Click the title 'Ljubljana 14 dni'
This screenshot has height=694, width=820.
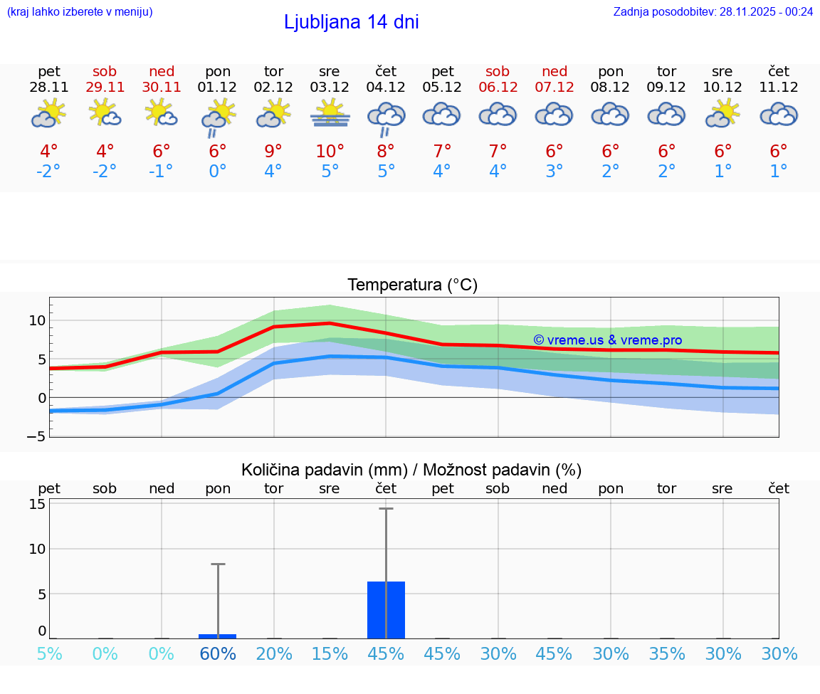351,22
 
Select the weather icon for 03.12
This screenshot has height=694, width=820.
330,113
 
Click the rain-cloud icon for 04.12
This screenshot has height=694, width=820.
386,118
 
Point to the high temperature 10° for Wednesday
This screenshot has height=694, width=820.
330,152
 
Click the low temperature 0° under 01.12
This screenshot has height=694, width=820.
217,172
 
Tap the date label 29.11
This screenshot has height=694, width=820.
105,88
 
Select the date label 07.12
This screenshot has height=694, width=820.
554,88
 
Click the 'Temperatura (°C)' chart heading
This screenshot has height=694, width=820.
412,285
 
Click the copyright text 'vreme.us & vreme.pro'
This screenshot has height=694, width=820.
607,340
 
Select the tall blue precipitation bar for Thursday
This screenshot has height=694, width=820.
386,610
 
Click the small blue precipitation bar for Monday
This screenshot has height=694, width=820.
217,636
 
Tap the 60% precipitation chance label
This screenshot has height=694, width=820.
217,653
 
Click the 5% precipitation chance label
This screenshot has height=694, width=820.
49,653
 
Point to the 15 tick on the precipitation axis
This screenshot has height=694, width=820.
37,504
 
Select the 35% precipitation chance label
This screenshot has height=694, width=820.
667,653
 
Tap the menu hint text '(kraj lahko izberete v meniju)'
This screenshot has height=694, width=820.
80,11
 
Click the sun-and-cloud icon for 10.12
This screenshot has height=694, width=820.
722,113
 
